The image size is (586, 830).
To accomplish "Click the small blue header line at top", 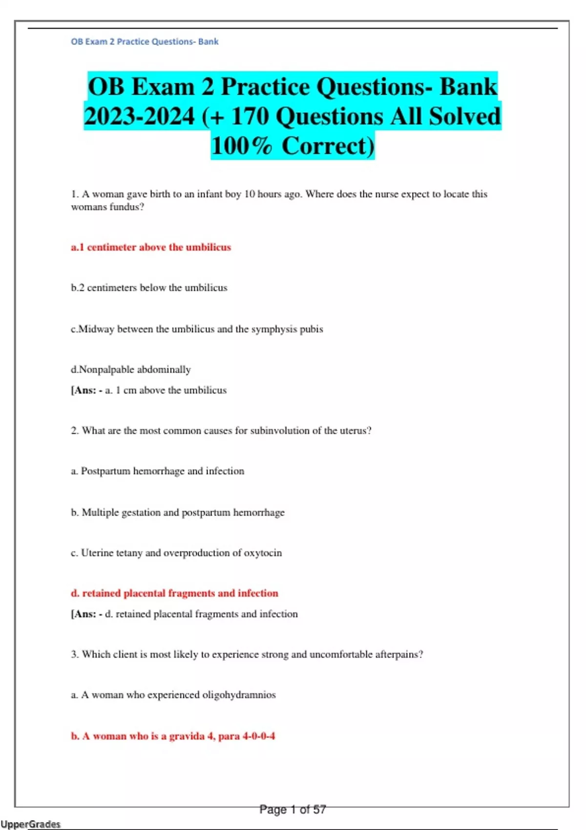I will (x=145, y=41).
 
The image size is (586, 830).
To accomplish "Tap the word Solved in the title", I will (x=464, y=117).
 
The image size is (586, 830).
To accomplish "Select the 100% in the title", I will (x=241, y=146).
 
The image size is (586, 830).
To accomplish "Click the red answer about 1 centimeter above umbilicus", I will (x=150, y=247).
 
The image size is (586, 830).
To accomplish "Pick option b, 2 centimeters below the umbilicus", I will (x=149, y=288).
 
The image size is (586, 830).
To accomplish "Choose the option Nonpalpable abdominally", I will (x=130, y=370).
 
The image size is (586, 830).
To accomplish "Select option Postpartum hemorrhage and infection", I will (x=157, y=471).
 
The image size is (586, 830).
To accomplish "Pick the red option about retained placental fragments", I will (x=174, y=593).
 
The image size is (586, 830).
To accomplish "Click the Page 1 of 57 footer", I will (x=293, y=809).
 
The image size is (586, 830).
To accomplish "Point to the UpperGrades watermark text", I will (x=30, y=824).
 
